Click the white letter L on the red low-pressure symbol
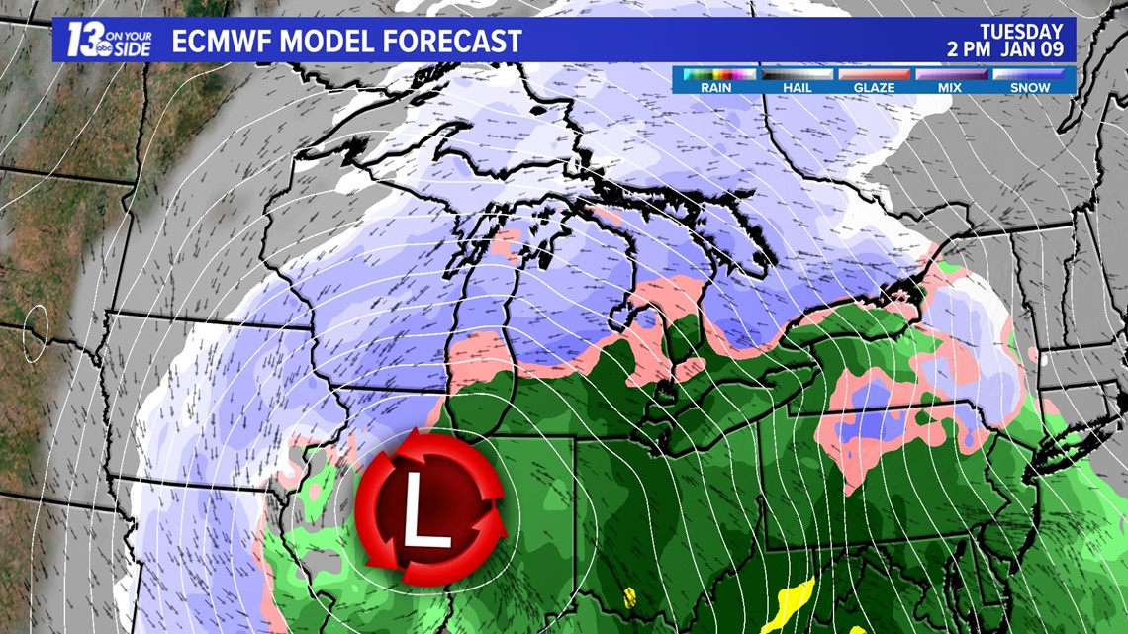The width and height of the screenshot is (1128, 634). coord(424,516)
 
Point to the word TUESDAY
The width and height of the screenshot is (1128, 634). coord(1021,32)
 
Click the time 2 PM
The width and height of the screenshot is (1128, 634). coord(967,49)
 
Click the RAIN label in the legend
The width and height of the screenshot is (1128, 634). coord(715,87)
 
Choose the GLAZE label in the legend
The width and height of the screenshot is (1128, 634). coord(874,87)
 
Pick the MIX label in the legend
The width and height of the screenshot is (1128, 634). coord(951,87)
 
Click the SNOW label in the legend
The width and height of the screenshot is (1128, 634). coord(1030,87)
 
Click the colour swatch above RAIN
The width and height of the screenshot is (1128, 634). coord(715,74)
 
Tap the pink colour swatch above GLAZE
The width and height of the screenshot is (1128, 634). coord(874,74)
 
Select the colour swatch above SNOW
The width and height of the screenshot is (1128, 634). coord(1030,74)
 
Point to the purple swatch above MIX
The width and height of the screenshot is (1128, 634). coord(951,74)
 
